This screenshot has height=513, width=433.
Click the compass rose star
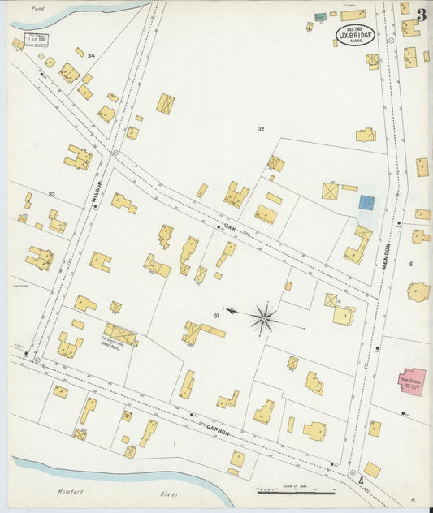pyautogui.click(x=264, y=318)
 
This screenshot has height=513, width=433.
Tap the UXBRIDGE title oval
pyautogui.click(x=355, y=34)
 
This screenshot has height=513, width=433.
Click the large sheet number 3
pyautogui.click(x=422, y=15)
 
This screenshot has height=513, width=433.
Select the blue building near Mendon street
pyautogui.click(x=366, y=202)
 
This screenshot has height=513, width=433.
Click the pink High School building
pyautogui.click(x=411, y=380)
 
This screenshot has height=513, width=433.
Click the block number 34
pyautogui.click(x=91, y=55)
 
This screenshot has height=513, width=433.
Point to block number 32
pyautogui.click(x=261, y=129)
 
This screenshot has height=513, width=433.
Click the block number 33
pyautogui.click(x=51, y=194)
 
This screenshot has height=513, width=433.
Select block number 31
pyautogui.click(x=216, y=315)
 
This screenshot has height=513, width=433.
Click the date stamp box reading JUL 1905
pyautogui.click(x=36, y=38)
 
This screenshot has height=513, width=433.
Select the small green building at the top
pyautogui.click(x=320, y=16)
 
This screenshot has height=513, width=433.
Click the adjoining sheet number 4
pyautogui.click(x=361, y=481)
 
